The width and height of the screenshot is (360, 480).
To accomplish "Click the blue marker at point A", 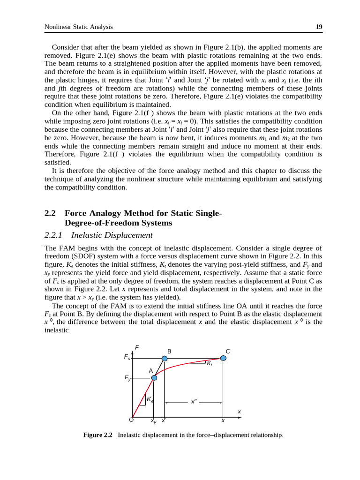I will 154,378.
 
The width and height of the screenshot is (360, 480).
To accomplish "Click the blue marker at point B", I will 165,359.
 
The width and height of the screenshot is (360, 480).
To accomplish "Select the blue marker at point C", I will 223,358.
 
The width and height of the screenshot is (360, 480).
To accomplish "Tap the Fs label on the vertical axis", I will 127,357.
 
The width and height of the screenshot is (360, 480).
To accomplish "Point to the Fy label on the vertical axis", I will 127,378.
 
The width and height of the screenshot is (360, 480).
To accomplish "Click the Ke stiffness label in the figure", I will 150,400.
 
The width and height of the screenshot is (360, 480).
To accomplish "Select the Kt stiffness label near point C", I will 210,363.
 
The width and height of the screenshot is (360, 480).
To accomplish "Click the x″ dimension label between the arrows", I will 194,402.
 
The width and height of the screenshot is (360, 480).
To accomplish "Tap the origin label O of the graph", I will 131,420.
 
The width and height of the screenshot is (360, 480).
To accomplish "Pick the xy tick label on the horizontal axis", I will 153,421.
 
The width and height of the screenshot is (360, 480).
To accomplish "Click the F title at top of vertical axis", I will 137,347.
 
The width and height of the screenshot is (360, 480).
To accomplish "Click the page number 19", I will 319,27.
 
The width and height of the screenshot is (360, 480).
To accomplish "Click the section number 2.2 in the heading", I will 50,213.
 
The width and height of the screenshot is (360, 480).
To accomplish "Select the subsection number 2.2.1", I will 53,235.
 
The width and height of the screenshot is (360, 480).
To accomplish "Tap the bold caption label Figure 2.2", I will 97,435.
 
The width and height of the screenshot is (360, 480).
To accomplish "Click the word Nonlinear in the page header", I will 60,27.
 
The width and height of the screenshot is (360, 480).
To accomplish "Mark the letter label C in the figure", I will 228,352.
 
